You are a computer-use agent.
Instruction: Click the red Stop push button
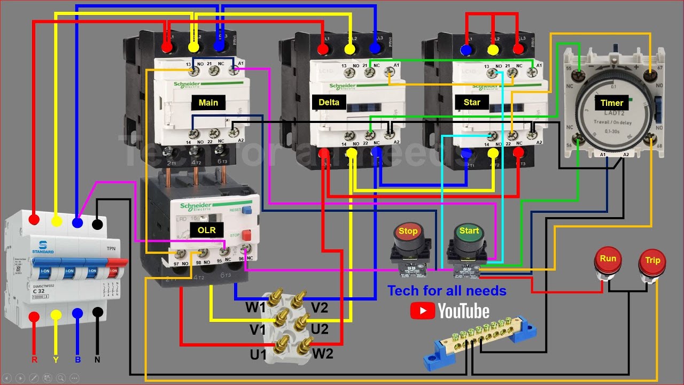pos(408,234)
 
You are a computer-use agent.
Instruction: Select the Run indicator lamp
pos(608,260)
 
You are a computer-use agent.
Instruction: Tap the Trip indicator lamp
pos(652,261)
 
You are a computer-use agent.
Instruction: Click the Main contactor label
pos(208,102)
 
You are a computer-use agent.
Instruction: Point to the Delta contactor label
pos(329,102)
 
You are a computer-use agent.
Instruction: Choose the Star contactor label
pos(472,102)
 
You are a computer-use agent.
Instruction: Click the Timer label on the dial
pos(611,103)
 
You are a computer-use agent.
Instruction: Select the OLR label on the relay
pos(206,230)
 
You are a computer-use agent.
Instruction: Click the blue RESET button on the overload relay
pos(246,210)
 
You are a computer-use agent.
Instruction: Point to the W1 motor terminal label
pos(255,307)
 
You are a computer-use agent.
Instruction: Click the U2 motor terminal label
pos(320,329)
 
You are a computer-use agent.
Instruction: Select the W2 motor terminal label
pos(323,353)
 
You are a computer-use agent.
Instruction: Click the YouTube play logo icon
pos(422,311)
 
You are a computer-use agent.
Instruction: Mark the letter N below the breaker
pos(97,360)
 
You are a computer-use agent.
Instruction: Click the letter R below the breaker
pos(34,360)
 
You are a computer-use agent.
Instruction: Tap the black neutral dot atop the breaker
pos(97,223)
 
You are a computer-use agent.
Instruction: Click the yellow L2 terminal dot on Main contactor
pos(193,48)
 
